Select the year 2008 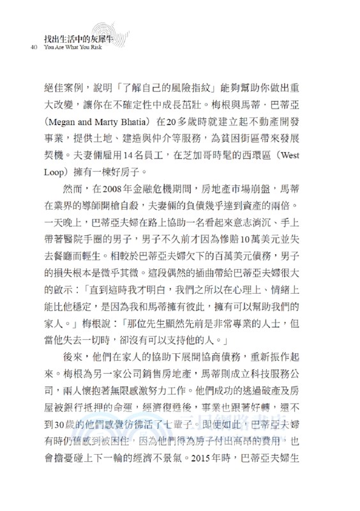[x=120, y=189]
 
